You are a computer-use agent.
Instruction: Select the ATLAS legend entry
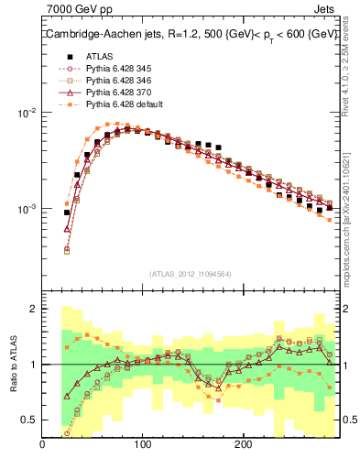99,56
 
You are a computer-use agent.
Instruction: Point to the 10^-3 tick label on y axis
26,210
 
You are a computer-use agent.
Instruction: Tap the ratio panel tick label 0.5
27,420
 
